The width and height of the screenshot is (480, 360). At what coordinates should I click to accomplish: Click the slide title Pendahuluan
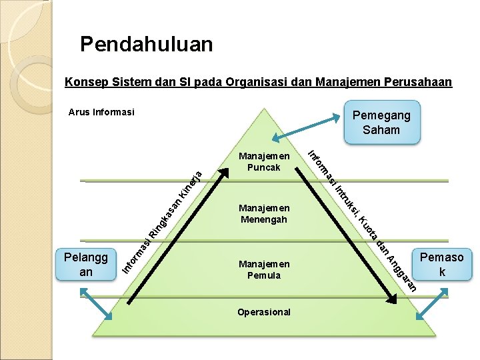click(146, 45)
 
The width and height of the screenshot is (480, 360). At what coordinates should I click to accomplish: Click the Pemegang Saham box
click(381, 122)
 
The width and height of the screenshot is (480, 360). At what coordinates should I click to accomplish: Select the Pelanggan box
click(86, 265)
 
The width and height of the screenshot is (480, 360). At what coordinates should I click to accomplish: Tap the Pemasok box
click(441, 265)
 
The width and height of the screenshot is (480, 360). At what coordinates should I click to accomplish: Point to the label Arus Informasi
click(101, 112)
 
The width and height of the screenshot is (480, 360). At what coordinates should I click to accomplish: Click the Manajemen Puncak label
click(264, 162)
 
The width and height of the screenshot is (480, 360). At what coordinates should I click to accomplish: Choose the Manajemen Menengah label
click(264, 213)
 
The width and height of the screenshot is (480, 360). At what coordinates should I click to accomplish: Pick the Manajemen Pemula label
click(264, 269)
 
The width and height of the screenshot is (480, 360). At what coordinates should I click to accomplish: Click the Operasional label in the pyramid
click(264, 312)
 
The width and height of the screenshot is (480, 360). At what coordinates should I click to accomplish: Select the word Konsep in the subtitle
click(83, 83)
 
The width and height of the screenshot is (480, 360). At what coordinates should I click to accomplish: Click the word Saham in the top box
click(381, 129)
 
